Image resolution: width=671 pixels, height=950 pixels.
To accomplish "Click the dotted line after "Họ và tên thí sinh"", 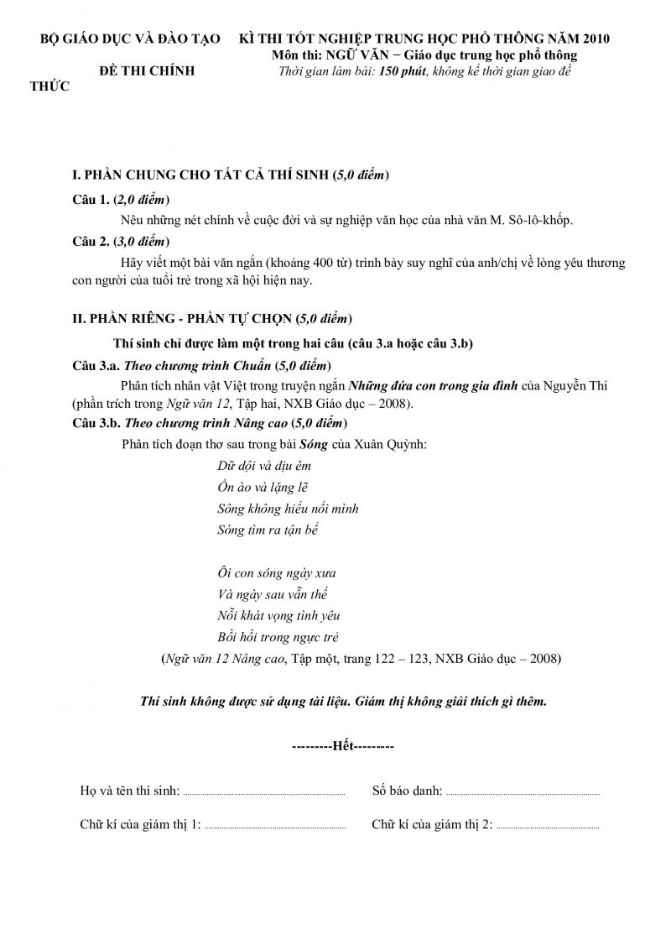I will (x=263, y=792).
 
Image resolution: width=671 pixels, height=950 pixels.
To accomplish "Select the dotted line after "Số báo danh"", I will (x=522, y=792).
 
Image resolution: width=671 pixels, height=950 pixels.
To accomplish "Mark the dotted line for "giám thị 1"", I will (x=275, y=827).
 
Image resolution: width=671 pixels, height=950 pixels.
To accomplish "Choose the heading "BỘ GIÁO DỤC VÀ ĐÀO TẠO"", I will (x=132, y=39).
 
